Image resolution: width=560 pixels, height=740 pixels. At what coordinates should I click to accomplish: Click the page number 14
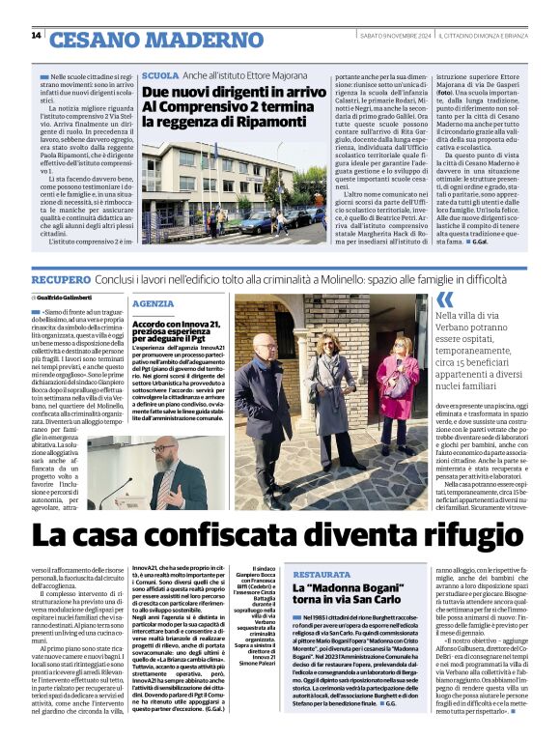click(x=36, y=36)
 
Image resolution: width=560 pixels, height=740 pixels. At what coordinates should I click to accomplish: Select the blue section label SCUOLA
click(x=159, y=75)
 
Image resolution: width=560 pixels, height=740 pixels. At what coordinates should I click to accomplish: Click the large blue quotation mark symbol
click(x=444, y=300)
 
